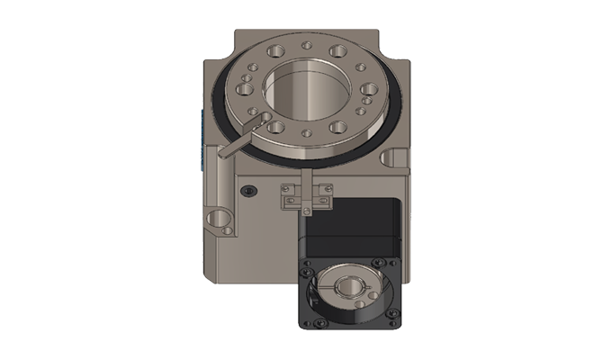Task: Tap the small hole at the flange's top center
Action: pos(306,44)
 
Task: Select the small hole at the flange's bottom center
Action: pos(307,133)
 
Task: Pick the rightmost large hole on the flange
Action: pos(368,89)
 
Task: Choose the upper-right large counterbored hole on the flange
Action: pos(339,51)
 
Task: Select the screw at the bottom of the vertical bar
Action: pos(305,210)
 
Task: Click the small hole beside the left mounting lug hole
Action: pos(228,230)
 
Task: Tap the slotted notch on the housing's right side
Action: pos(394,158)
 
